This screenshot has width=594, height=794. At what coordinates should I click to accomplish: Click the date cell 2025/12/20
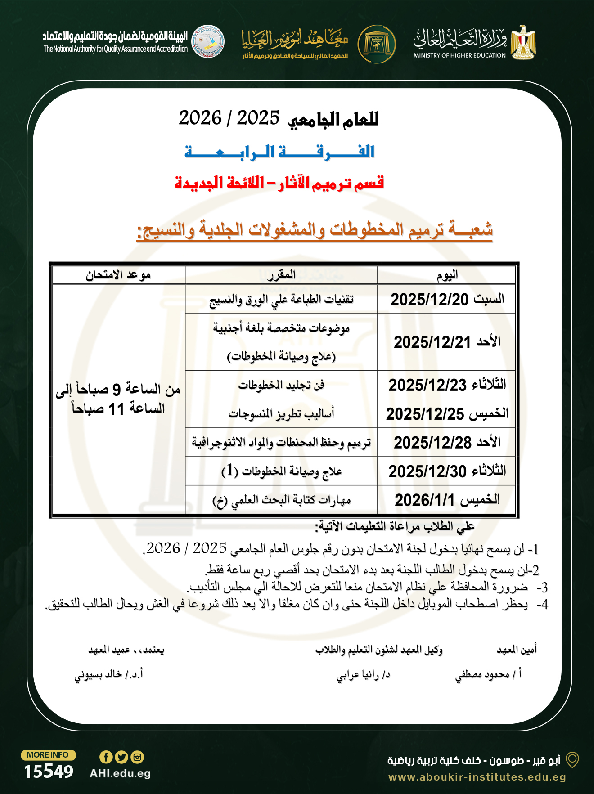[x=447, y=299]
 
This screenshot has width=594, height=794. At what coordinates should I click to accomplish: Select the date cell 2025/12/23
[x=447, y=385]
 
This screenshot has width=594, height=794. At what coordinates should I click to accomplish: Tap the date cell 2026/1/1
[x=447, y=500]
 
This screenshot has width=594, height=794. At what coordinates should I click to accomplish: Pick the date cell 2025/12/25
[x=447, y=414]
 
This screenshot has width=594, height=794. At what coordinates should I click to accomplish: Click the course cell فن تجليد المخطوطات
[x=281, y=385]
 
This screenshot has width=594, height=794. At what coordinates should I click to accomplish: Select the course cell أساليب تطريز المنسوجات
[x=281, y=414]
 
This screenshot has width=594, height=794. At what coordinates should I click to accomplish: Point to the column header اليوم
[x=447, y=275]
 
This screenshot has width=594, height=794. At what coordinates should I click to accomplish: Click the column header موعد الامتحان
[x=118, y=275]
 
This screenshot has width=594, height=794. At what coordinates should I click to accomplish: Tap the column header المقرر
[x=281, y=275]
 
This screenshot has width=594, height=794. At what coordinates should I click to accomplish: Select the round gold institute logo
[x=377, y=44]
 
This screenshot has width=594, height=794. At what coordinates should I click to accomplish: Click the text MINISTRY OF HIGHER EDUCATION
[x=459, y=55]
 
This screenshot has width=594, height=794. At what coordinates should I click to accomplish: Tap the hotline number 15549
[x=49, y=772]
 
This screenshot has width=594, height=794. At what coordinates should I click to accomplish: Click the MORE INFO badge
[x=48, y=755]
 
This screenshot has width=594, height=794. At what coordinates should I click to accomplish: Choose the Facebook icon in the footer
[x=106, y=757]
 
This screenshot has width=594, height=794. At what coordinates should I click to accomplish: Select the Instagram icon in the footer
[x=137, y=757]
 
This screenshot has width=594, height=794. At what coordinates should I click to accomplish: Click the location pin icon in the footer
[x=572, y=760]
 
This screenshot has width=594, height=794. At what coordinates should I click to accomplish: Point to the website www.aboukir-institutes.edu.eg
[x=477, y=777]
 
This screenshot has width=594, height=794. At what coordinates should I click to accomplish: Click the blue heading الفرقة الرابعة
[x=279, y=152]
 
